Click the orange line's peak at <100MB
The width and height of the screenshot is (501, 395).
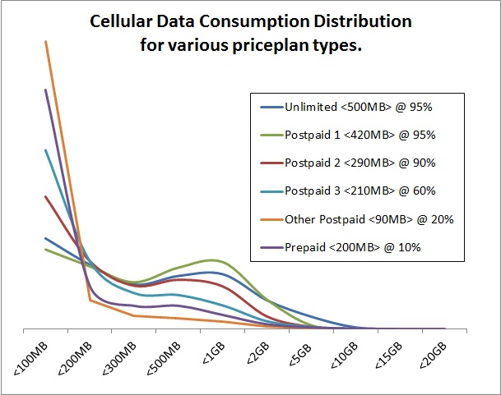[x=45, y=41]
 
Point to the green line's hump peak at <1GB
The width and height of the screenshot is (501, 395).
[x=212, y=260]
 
